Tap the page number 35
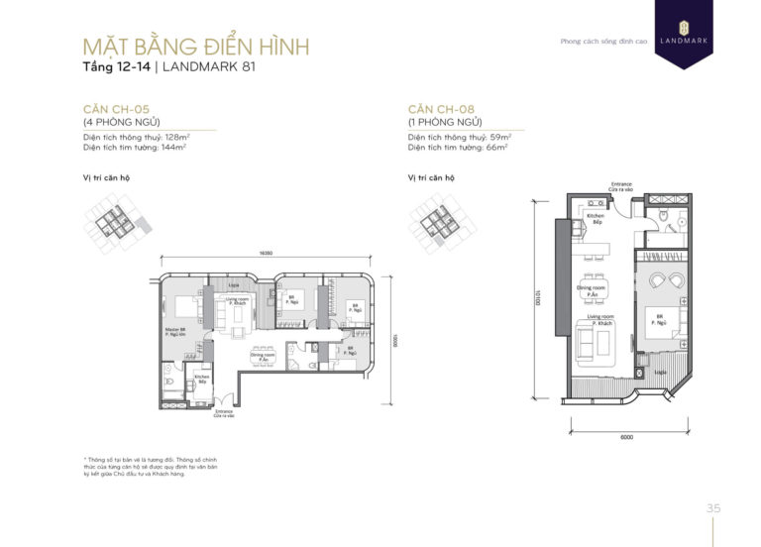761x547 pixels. click(x=712, y=508)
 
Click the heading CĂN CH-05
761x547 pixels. click(x=117, y=109)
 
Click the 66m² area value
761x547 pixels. click(x=497, y=146)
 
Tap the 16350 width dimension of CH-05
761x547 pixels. click(x=267, y=254)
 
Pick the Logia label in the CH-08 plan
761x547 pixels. click(x=659, y=375)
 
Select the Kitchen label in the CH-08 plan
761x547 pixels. click(x=595, y=217)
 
